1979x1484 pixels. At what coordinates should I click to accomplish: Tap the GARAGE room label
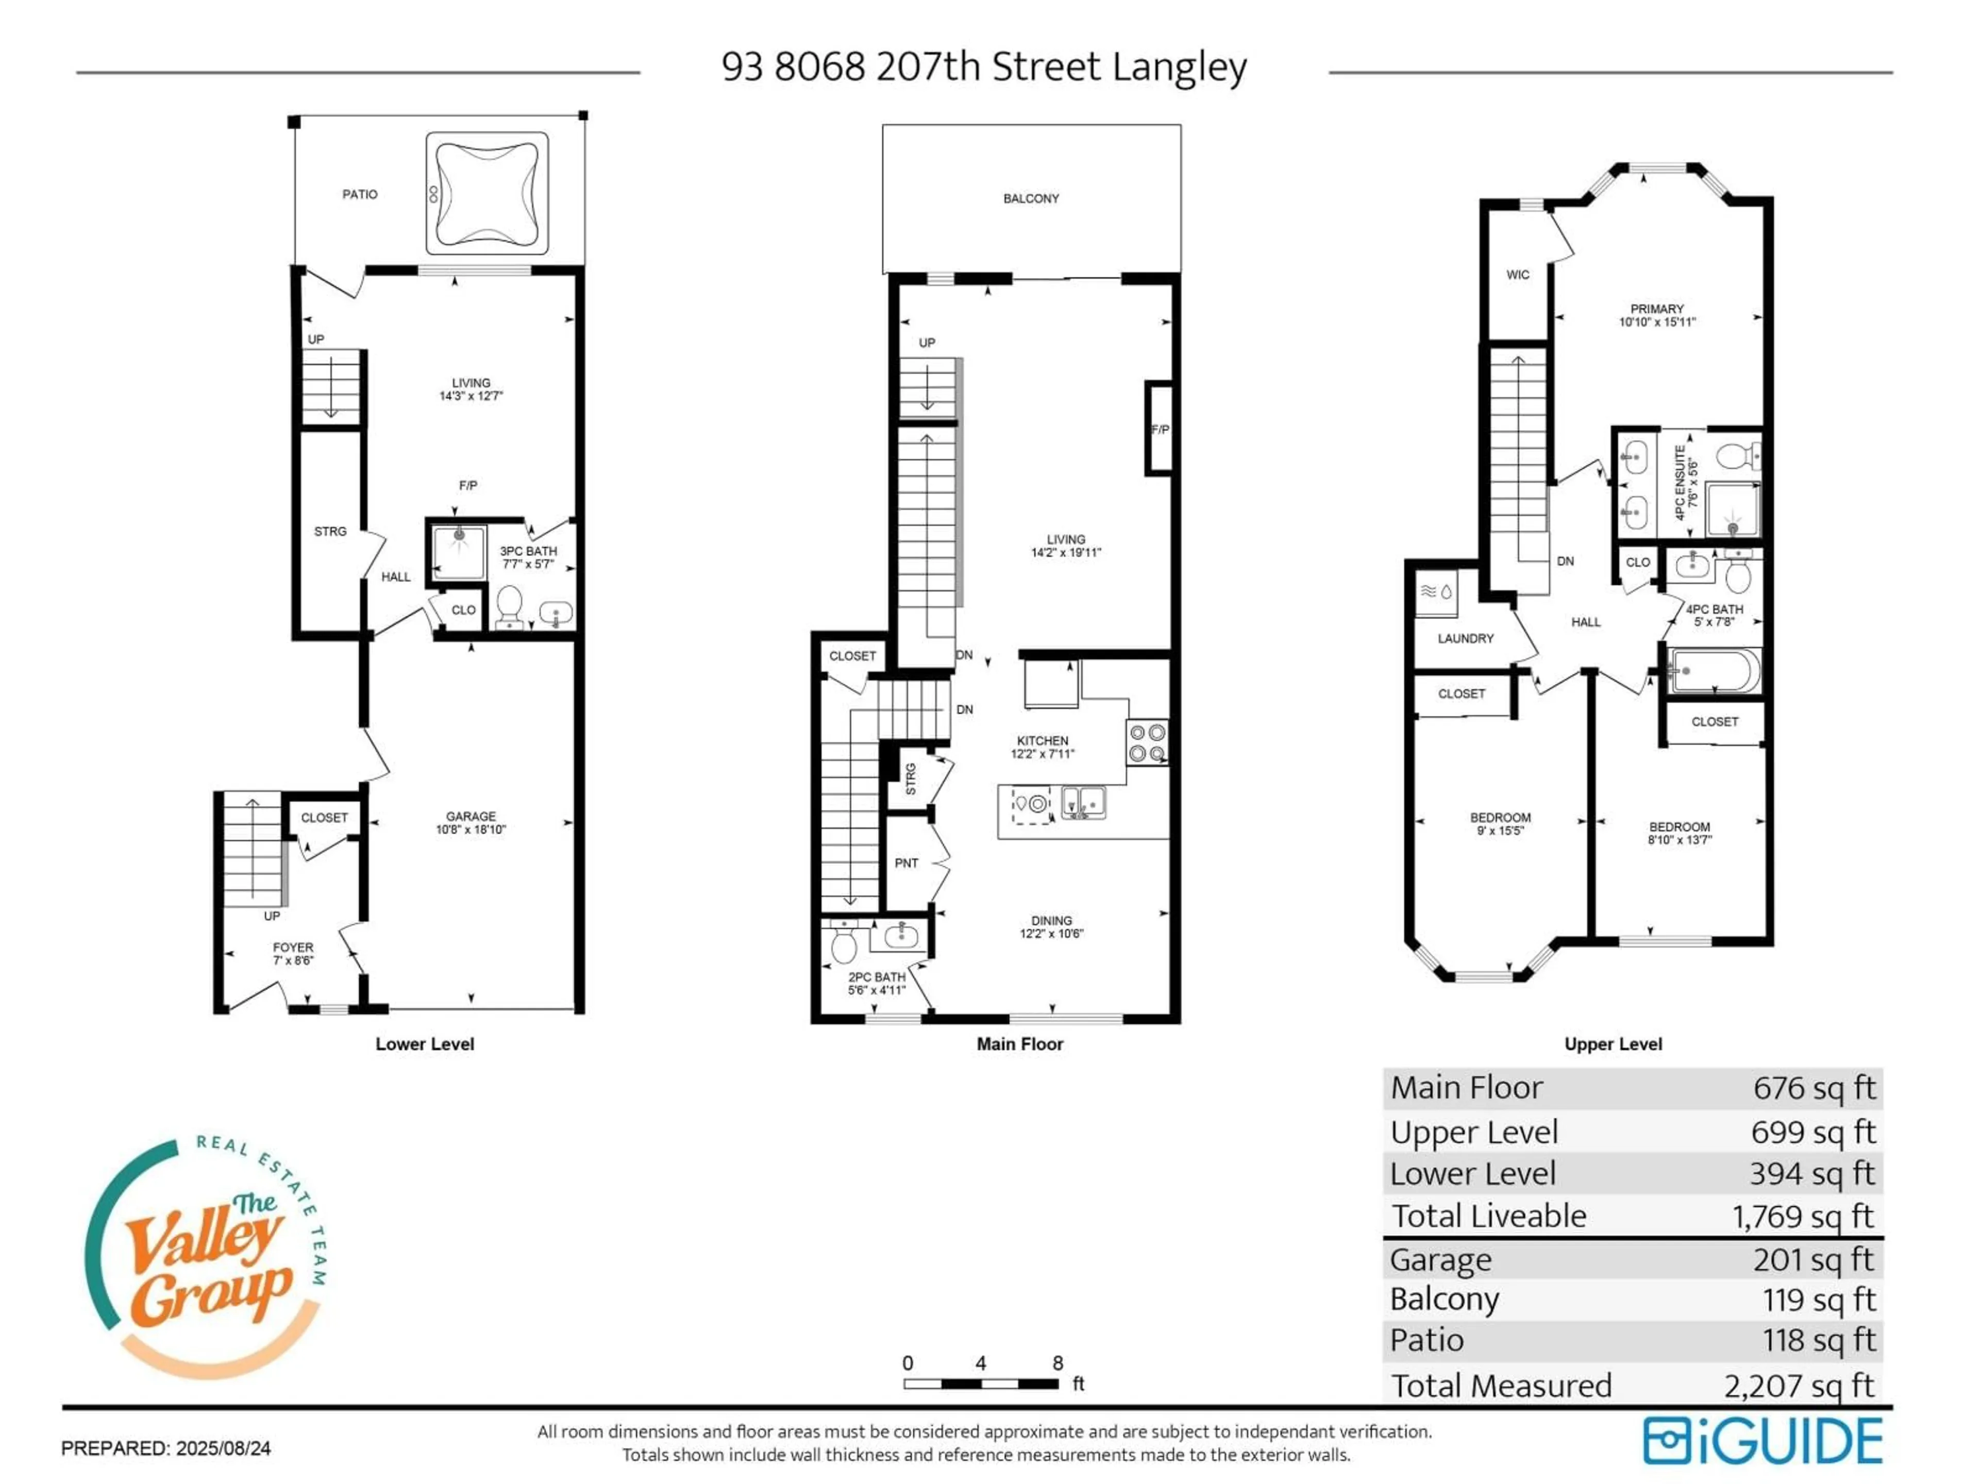coord(471,817)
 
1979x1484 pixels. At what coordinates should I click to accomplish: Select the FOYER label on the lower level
coord(293,947)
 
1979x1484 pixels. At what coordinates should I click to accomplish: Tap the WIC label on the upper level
coord(1517,275)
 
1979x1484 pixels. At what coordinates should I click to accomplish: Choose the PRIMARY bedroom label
coord(1656,309)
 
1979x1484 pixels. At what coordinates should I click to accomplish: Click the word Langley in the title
coord(1179,67)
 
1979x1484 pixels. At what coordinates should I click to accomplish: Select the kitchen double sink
coord(1083,802)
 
